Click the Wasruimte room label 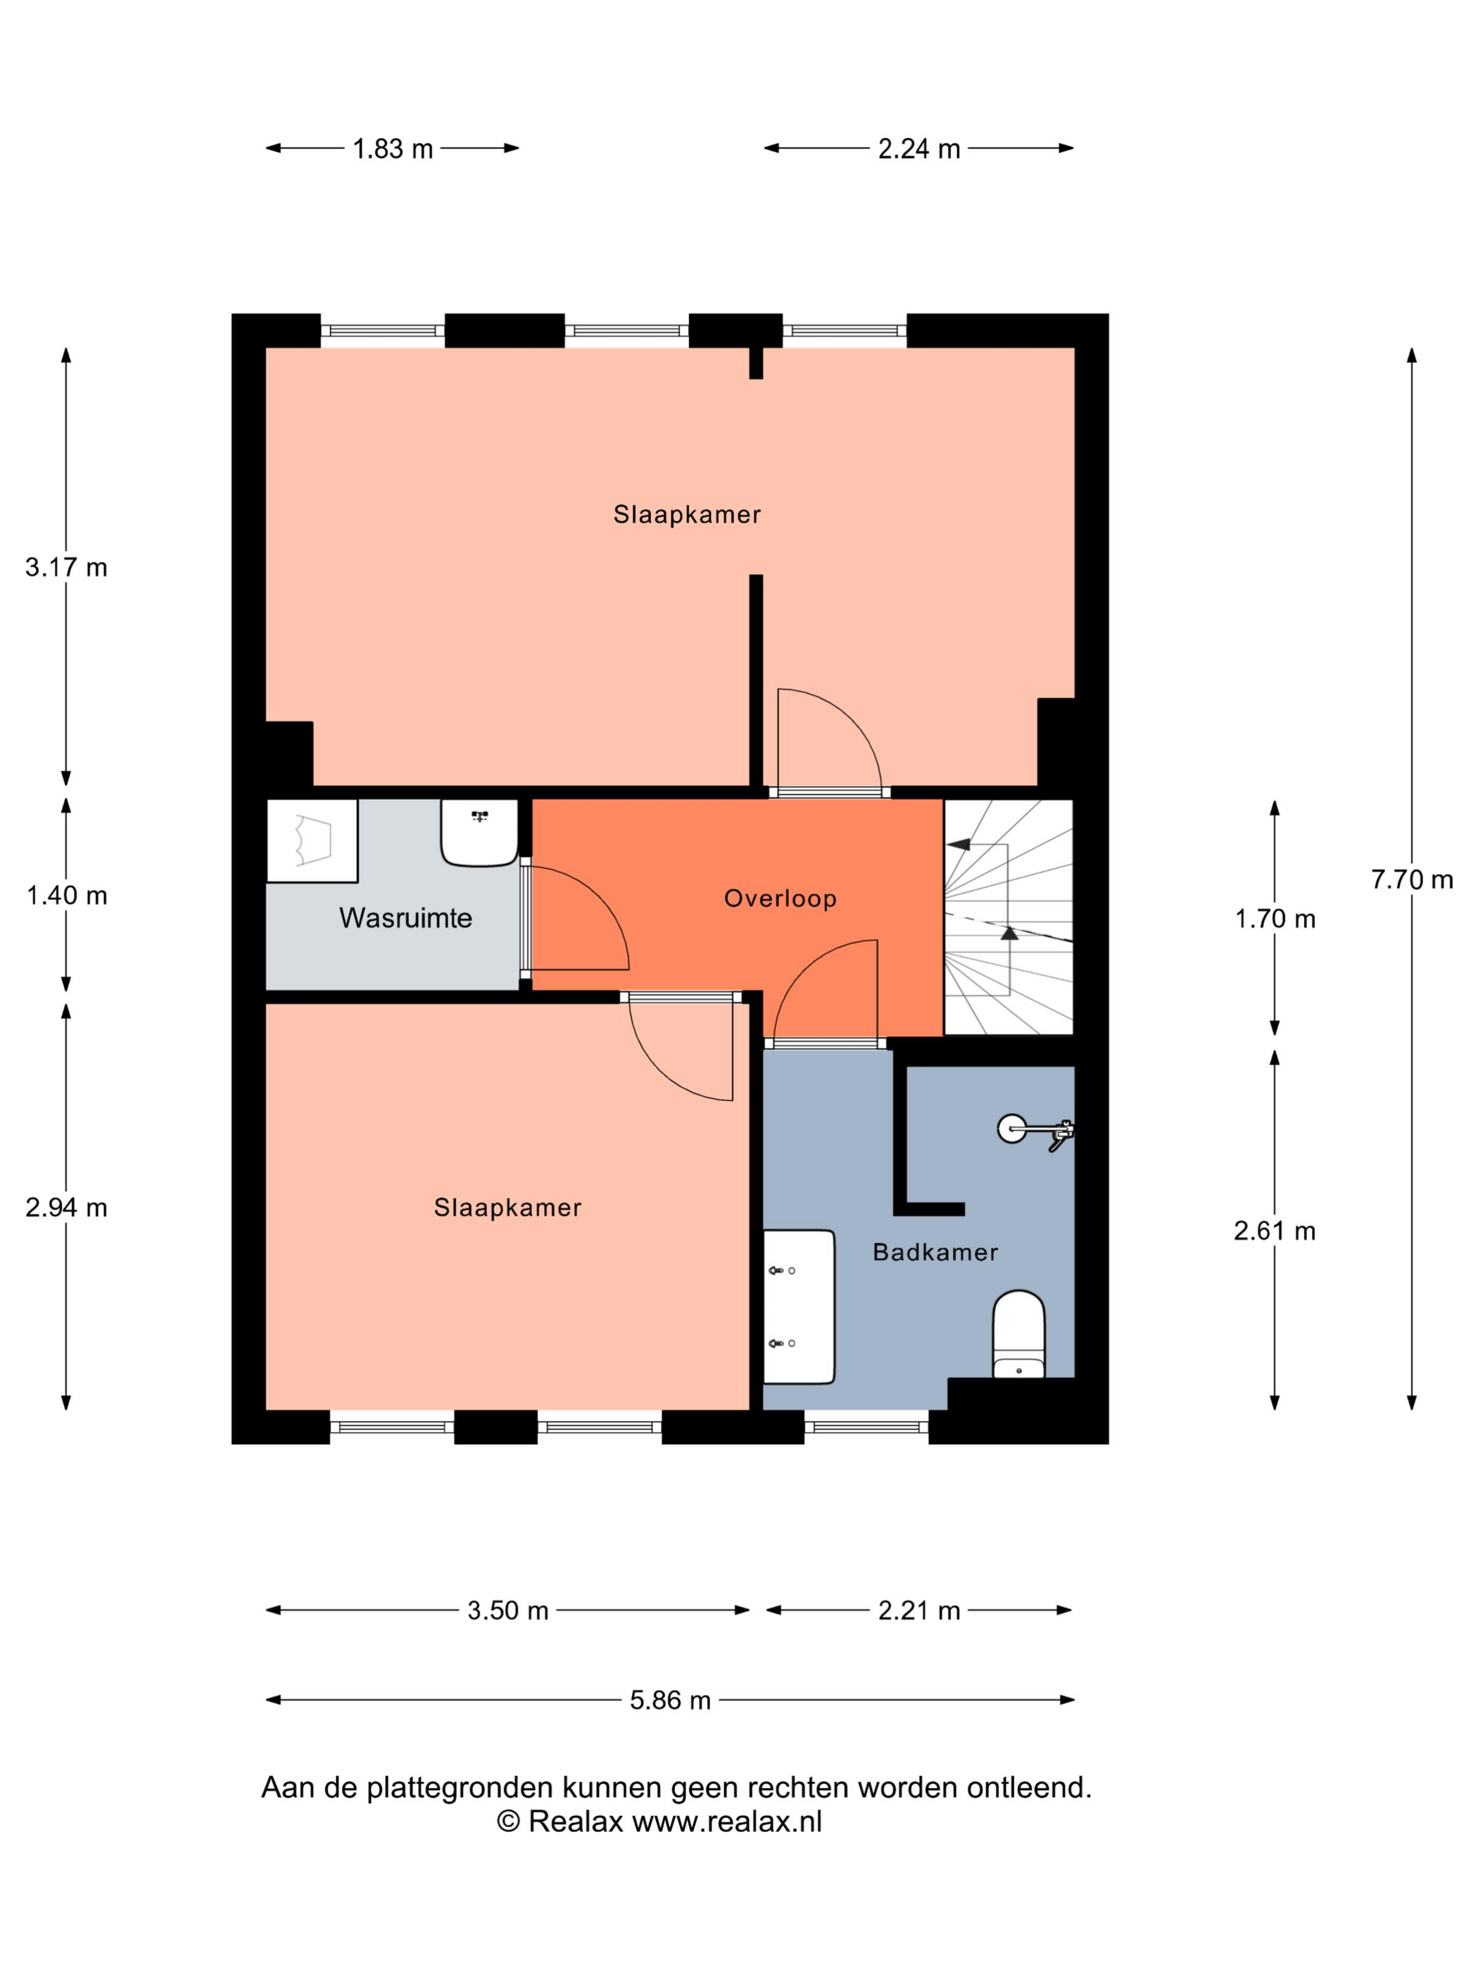(x=405, y=917)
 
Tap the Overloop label (x=781, y=898)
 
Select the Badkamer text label (x=935, y=1252)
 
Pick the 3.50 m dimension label (x=508, y=1610)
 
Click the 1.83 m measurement (x=392, y=148)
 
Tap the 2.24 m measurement (x=918, y=148)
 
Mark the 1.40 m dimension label (x=67, y=895)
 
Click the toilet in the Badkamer (x=1018, y=1333)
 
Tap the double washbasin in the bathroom (x=799, y=1307)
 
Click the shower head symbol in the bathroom (x=1035, y=1131)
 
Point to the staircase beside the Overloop (x=1009, y=917)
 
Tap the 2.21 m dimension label (x=918, y=1610)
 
